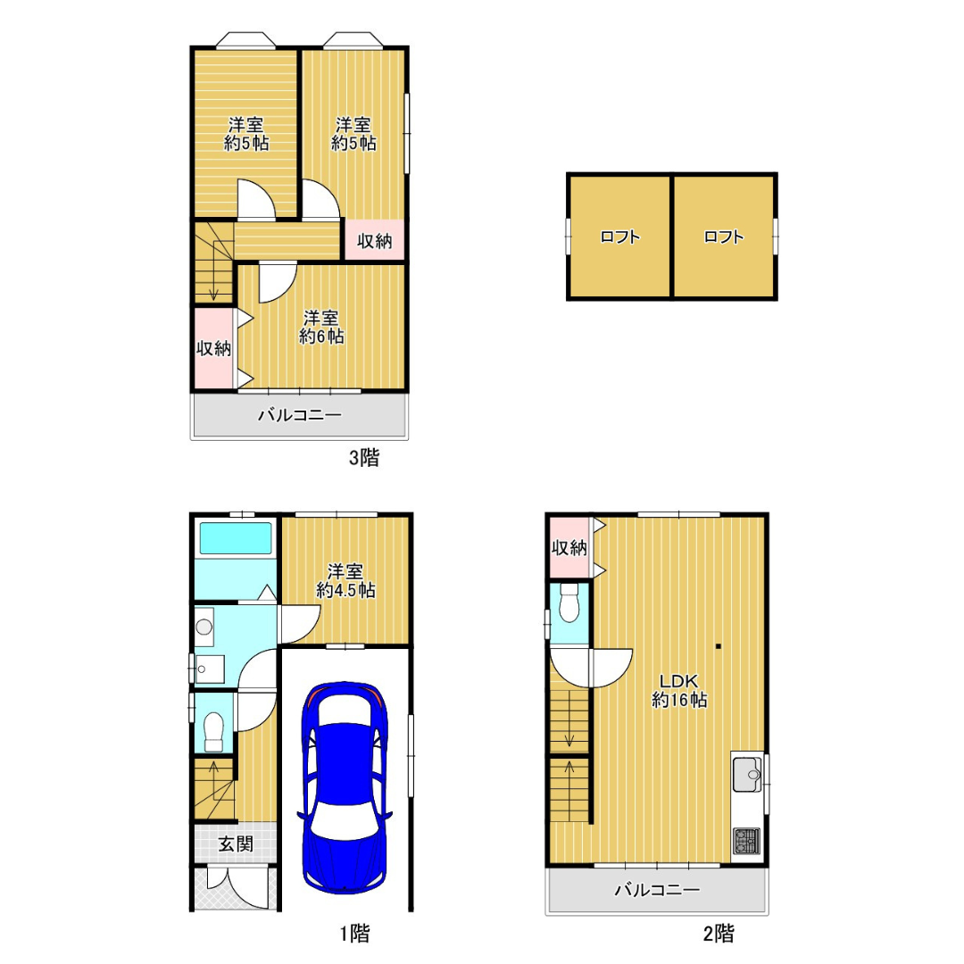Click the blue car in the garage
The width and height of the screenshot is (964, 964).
coord(345,787)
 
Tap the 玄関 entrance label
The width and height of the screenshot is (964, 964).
coord(236,843)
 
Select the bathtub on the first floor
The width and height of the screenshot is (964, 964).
coord(236,538)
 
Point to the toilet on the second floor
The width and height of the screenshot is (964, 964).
coord(569,602)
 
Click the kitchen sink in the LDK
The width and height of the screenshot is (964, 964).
coord(747,774)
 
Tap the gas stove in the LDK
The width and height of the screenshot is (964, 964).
coord(747,841)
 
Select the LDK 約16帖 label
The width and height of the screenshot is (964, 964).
coord(678,690)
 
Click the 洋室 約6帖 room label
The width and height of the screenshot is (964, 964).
coord(321,327)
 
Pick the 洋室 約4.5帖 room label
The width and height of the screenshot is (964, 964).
coord(345,581)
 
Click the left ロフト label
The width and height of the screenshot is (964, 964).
coord(619,237)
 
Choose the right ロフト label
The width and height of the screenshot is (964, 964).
coord(724,237)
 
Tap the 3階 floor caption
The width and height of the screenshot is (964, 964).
coord(364,457)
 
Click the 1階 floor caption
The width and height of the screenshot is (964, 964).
coord(354,934)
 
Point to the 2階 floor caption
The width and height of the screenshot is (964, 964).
coord(718,934)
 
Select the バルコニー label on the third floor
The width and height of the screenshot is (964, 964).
coord(299,415)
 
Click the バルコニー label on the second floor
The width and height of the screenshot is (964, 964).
coord(657,890)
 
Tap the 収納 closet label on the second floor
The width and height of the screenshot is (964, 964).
coord(569,548)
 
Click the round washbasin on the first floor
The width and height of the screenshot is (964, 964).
coord(204,627)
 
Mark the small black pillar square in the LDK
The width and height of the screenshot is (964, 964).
coord(718,646)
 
